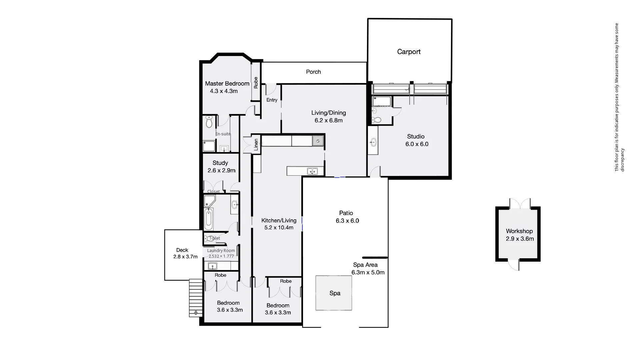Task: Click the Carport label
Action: coord(409,52)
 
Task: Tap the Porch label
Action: coord(313,72)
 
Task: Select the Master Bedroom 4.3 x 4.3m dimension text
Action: coord(224,91)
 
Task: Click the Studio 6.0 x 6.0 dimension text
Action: coord(417,144)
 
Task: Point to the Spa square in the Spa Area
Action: coord(334,293)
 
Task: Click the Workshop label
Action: coord(519,231)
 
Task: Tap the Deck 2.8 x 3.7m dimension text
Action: coord(185,257)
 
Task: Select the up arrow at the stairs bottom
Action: coord(196,313)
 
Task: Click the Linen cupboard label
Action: coord(256,145)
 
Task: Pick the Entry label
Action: coord(272,100)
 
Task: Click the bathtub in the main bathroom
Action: coord(209,219)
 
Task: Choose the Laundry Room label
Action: coord(221,251)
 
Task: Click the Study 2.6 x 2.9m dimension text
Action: coord(221,170)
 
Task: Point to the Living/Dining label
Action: coord(329,113)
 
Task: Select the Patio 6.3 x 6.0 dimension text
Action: coord(347,221)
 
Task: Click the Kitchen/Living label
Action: coord(279,220)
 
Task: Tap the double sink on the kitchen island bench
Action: coord(312,171)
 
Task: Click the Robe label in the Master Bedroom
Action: coord(256,83)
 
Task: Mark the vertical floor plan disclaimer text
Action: coord(619,97)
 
